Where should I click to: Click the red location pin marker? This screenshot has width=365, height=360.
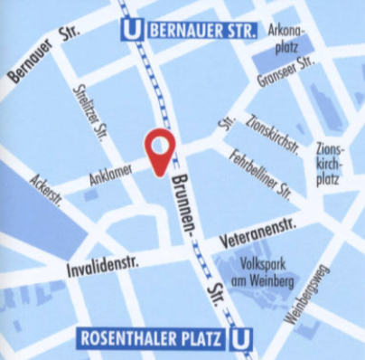point(161,152)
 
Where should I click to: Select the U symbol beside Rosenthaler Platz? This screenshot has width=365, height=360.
point(239,339)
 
